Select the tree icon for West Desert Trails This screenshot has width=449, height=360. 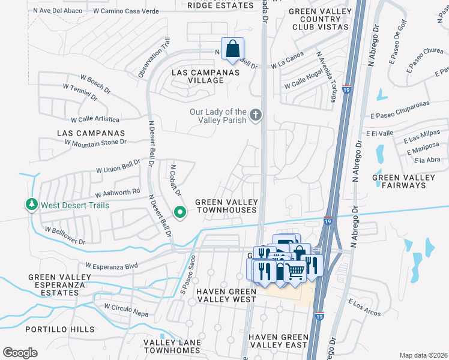click(31, 205)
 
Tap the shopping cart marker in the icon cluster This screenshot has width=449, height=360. click(294, 271)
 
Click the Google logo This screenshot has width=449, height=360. click(20, 352)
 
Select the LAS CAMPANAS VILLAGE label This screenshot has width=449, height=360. click(206, 76)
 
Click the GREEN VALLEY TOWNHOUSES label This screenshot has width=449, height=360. click(226, 206)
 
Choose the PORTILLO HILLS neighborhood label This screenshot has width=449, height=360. click(59, 329)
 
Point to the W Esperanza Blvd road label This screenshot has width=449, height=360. click(112, 265)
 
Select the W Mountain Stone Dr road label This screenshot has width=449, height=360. click(96, 142)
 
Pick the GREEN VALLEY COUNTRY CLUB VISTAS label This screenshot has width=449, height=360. click(318, 19)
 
